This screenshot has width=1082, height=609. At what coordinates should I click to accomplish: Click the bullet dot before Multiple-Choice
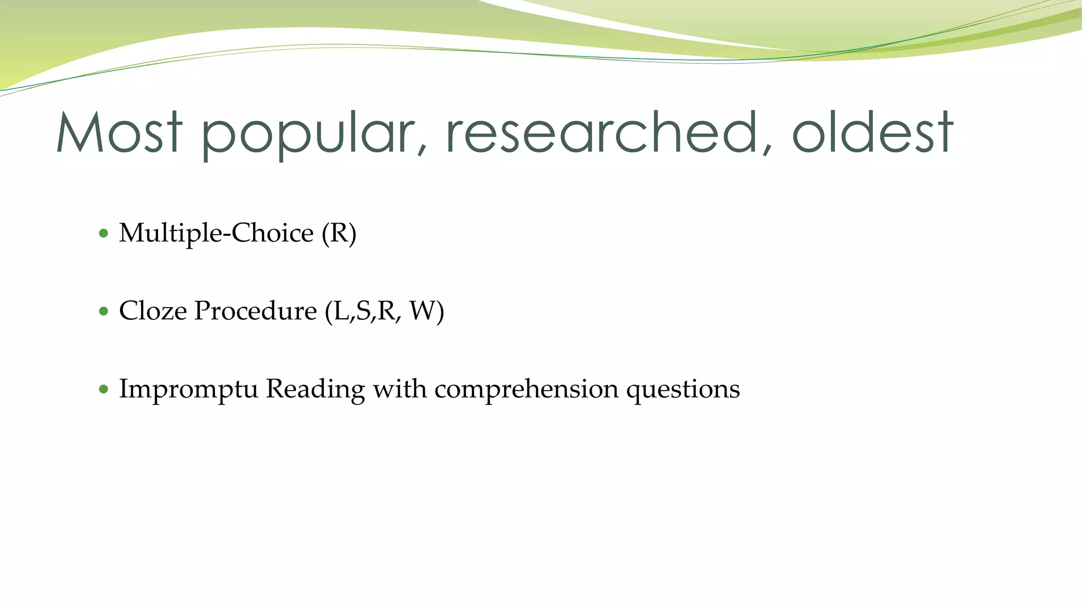tap(104, 233)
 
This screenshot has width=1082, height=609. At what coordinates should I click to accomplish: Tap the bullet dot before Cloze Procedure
tap(104, 311)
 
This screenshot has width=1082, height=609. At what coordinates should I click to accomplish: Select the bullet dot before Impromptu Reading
tap(104, 390)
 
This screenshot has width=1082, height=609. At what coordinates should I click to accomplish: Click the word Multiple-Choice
tap(216, 233)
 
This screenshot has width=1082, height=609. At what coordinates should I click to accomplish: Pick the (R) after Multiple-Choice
tap(339, 233)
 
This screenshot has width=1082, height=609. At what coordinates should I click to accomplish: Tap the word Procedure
tap(255, 311)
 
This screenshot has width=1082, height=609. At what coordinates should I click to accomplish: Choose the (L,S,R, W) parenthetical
tap(384, 311)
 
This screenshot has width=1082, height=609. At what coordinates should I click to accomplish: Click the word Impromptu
tap(188, 390)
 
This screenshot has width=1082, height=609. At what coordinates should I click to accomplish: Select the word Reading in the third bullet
tap(315, 390)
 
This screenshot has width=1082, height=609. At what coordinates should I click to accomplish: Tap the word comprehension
tap(526, 390)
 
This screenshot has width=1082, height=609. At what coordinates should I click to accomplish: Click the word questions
tap(683, 390)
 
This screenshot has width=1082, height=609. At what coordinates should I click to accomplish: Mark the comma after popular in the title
tap(421, 151)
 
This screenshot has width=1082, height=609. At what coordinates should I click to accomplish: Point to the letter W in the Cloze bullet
tap(422, 311)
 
